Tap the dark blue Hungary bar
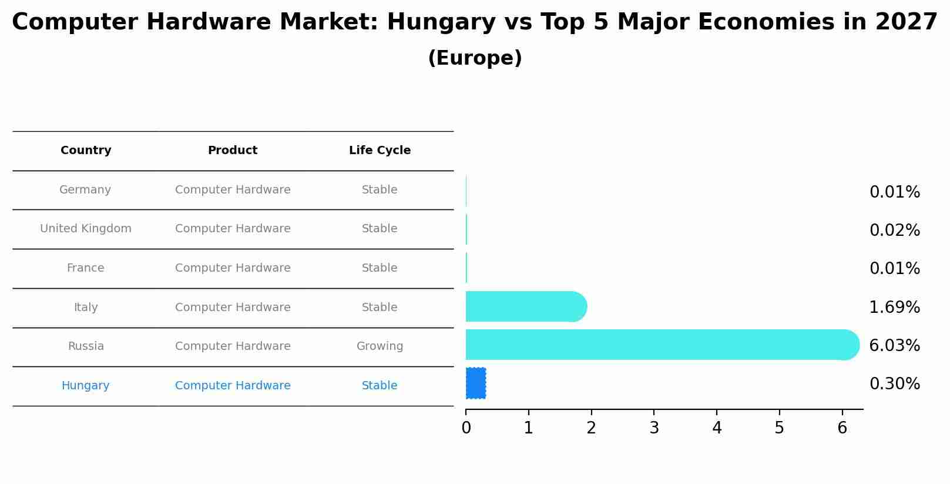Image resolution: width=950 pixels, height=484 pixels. pyautogui.click(x=476, y=383)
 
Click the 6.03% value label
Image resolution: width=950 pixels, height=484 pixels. pyautogui.click(x=894, y=346)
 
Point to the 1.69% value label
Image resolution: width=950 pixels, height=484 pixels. pyautogui.click(x=894, y=308)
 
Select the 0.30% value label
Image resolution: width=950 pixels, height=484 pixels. pyautogui.click(x=894, y=384)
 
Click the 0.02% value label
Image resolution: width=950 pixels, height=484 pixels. pyautogui.click(x=894, y=231)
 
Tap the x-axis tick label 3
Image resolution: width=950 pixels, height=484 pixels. pyautogui.click(x=654, y=428)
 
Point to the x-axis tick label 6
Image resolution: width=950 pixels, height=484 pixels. pyautogui.click(x=842, y=428)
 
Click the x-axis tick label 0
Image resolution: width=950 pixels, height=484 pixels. pyautogui.click(x=466, y=428)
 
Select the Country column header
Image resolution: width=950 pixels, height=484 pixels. pyautogui.click(x=86, y=151)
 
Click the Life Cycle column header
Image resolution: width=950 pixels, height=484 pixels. pyautogui.click(x=380, y=151)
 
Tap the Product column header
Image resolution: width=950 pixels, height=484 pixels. pyautogui.click(x=233, y=151)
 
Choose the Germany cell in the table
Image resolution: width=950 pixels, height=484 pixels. pyautogui.click(x=85, y=190)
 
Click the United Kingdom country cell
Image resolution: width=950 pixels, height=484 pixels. pyautogui.click(x=86, y=229)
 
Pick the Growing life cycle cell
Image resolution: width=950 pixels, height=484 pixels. pyautogui.click(x=380, y=346)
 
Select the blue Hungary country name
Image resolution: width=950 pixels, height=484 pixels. pyautogui.click(x=85, y=386)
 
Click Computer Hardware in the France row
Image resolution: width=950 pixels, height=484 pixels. pyautogui.click(x=233, y=268)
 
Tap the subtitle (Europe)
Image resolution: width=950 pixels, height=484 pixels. pyautogui.click(x=475, y=58)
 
